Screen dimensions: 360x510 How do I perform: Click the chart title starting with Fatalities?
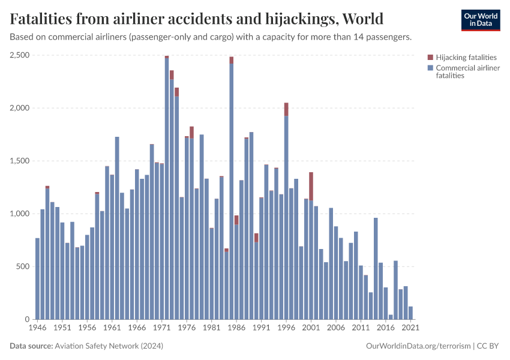pyautogui.click(x=197, y=19)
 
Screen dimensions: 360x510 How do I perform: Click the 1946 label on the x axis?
pyautogui.click(x=37, y=328)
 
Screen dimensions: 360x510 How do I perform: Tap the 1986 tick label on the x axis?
pyautogui.click(x=236, y=328)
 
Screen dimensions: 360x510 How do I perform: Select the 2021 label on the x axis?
pyautogui.click(x=410, y=328)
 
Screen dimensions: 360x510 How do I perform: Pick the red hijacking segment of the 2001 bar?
pyautogui.click(x=311, y=186)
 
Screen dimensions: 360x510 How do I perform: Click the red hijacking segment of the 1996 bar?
pyautogui.click(x=286, y=109)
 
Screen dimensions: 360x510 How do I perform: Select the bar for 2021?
pyautogui.click(x=411, y=313)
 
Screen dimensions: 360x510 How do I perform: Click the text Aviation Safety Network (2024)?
pyautogui.click(x=109, y=346)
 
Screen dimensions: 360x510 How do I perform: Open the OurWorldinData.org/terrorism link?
pyautogui.click(x=418, y=346)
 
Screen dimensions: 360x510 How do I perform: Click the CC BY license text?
pyautogui.click(x=488, y=346)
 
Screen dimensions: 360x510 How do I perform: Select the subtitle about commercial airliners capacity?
pyautogui.click(x=211, y=37)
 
